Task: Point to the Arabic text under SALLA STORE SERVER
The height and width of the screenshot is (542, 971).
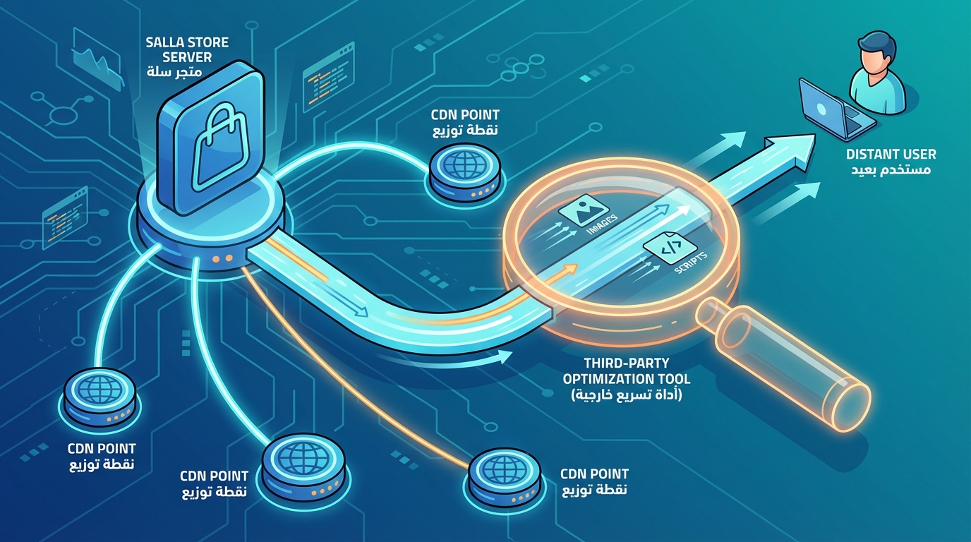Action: point(174,72)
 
